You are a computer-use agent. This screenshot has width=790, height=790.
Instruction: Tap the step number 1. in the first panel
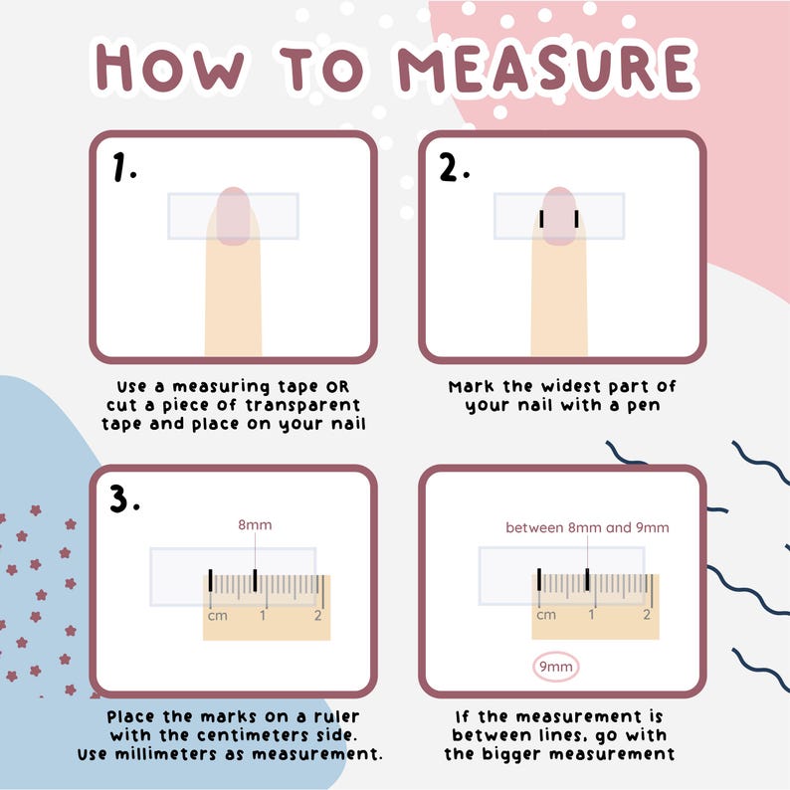[x=124, y=169]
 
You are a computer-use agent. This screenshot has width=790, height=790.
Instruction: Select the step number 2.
[x=454, y=169]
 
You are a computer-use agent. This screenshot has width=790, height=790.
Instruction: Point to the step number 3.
[x=124, y=499]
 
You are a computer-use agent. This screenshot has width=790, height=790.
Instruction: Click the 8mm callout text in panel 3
[x=255, y=525]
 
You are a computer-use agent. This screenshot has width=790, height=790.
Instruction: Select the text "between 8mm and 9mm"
[x=587, y=527]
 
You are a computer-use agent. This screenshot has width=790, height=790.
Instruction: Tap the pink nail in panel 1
[x=233, y=214]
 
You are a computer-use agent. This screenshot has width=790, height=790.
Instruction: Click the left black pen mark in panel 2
[x=541, y=219]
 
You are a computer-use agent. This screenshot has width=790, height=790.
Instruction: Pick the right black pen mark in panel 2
[x=576, y=219]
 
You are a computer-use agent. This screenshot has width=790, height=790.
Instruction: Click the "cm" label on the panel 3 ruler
[x=217, y=616]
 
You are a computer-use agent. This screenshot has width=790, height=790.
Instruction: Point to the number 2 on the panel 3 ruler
[x=317, y=616]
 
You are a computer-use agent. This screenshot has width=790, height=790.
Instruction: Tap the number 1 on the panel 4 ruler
[x=592, y=615]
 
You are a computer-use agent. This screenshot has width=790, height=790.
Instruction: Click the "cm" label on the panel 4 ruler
[x=546, y=615]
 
